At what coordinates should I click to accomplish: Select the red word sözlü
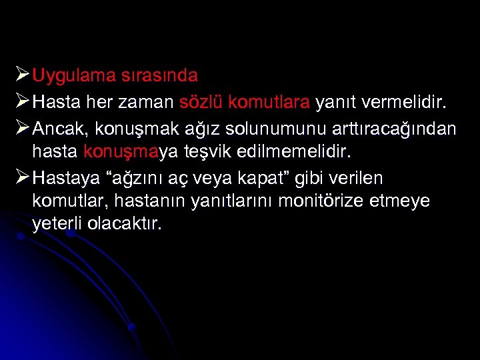pyautogui.click(x=201, y=103)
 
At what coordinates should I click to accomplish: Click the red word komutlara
pyautogui.click(x=269, y=103)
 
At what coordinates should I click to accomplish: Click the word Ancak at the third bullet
pyautogui.click(x=55, y=127)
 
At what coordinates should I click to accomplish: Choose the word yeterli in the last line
pyautogui.click(x=55, y=225)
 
